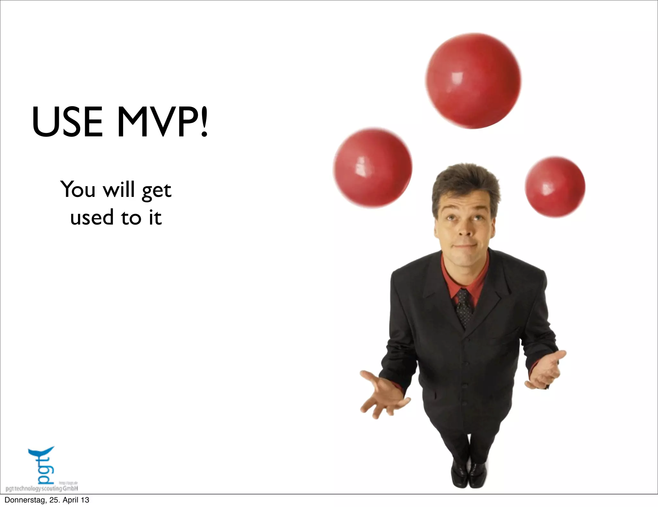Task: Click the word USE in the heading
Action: point(67,122)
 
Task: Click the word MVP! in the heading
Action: point(163,122)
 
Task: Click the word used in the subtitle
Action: point(92,217)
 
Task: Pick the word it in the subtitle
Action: point(155,217)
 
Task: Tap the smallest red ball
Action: point(555,187)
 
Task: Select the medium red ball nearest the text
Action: point(372,168)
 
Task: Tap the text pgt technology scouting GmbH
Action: point(42,489)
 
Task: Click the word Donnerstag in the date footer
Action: point(24,500)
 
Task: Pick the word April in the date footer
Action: point(71,500)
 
